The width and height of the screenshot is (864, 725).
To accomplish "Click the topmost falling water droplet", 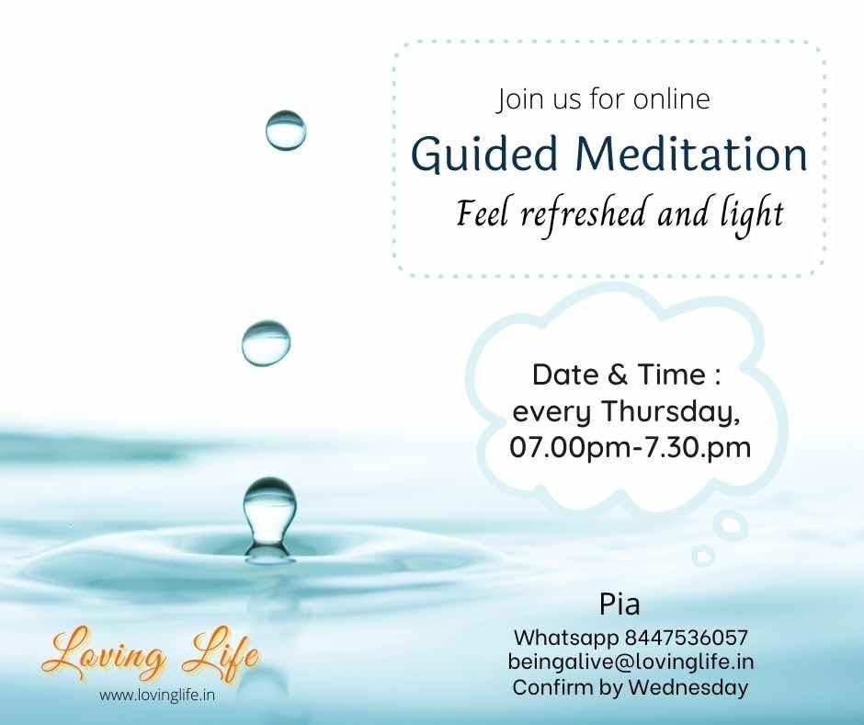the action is click(286, 131).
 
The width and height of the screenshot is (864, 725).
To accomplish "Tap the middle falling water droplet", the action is click(267, 342).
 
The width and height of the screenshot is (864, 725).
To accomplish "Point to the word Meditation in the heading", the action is click(691, 154).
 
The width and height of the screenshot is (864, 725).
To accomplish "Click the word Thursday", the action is click(670, 411).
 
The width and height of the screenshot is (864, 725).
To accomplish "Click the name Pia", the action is click(620, 604).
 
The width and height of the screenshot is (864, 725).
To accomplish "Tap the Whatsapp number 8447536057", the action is click(686, 638).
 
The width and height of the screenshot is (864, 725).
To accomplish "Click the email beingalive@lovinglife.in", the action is click(631, 662).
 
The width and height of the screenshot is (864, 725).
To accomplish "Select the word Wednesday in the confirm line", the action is click(688, 687).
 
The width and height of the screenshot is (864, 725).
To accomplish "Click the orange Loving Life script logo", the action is click(150, 655).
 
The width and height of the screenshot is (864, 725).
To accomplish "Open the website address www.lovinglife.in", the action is click(157, 696).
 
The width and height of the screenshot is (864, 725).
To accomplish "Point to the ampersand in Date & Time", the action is click(618, 374).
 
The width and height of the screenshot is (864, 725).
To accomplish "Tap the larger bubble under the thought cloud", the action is click(730, 524).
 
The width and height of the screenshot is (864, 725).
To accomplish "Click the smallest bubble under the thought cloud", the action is click(703, 556).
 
